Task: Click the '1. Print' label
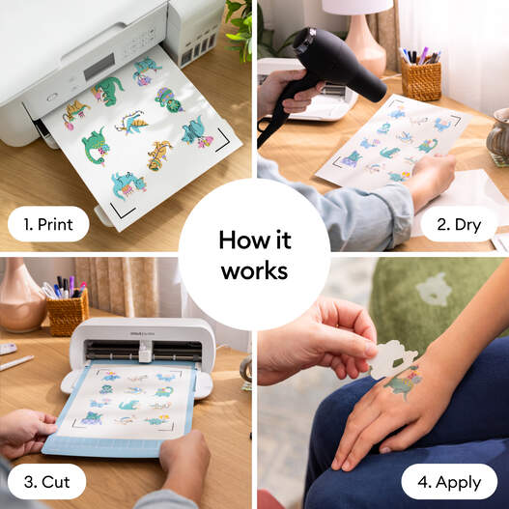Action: pos(47,224)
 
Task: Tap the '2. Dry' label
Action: pos(458,225)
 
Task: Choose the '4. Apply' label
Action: pos(449,481)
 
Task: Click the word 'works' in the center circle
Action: pos(254,271)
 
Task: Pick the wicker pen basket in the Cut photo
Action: pos(67,312)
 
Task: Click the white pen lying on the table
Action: pos(16,363)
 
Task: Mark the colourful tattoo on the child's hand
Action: pos(404,385)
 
